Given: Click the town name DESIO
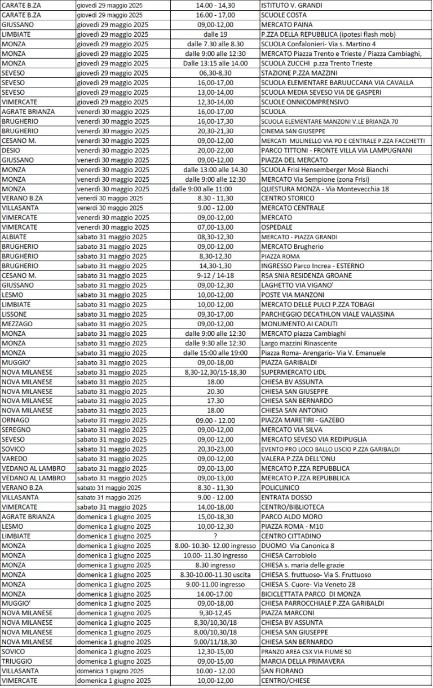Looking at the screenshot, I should click(11, 150).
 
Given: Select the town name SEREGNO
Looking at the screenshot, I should click(16, 430).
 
